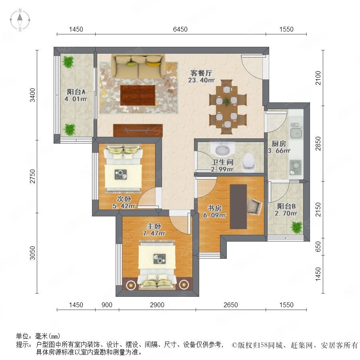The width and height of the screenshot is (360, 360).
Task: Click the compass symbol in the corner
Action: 20,20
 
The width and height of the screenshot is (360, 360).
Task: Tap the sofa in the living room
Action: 138,66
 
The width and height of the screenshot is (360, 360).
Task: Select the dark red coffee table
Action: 138,95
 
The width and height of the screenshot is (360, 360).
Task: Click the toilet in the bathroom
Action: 249,162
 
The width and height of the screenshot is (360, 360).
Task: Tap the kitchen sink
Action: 296,131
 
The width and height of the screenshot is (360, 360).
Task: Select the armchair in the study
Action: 254,206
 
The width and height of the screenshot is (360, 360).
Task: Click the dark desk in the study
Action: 238,206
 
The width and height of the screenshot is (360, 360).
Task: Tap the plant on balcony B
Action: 296,227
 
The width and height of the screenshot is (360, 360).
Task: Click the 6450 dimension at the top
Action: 180,29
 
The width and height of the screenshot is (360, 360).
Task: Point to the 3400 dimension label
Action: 33,95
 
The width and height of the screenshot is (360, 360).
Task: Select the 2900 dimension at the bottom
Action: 157,305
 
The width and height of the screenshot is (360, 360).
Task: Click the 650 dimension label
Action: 318,246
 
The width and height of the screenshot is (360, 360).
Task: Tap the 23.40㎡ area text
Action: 201,80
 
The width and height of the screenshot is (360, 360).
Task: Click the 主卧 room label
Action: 154,226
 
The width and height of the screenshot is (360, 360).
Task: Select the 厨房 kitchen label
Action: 279,144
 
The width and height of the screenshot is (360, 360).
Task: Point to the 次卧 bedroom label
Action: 124,199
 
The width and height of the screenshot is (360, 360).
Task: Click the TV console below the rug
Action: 138,130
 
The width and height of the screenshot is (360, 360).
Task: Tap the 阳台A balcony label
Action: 76,92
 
